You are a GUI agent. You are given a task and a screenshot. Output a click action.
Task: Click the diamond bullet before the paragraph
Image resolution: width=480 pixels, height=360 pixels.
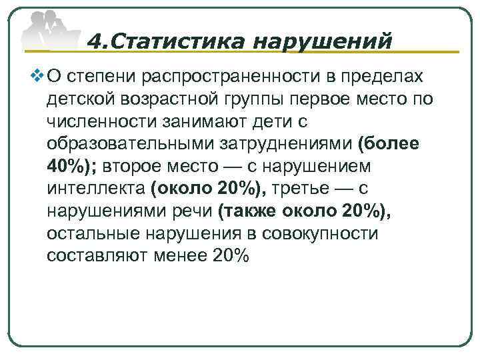(38, 77)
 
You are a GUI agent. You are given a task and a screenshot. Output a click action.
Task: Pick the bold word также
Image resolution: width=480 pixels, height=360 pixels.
(248, 211)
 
